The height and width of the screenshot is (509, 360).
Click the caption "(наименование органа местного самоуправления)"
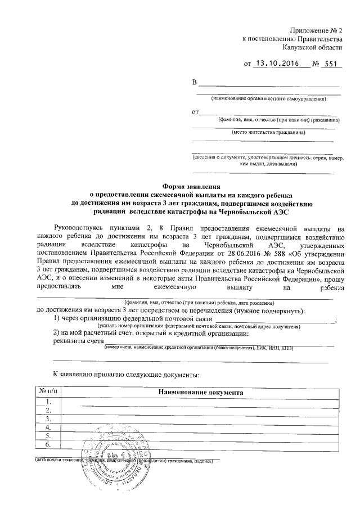point(268,100)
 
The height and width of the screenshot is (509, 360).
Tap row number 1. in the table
point(49,401)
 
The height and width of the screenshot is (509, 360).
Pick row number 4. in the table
point(49,427)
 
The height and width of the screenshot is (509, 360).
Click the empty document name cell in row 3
point(200,419)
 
